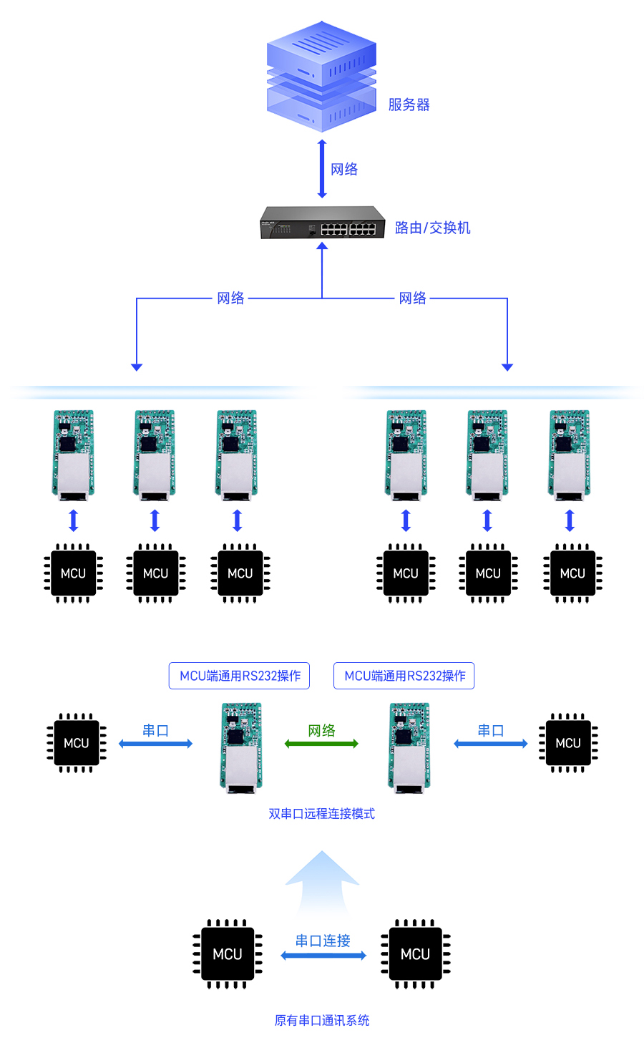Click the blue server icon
point(321,77)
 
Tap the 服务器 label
point(409,105)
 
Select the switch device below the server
point(322,223)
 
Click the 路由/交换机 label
point(432,228)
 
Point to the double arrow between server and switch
point(322,169)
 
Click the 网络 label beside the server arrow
point(344,170)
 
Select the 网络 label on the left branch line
point(230,299)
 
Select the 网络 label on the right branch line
point(412,299)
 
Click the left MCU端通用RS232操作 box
point(239,676)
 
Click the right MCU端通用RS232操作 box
point(404,676)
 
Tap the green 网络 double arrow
point(321,744)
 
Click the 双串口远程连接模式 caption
point(321,814)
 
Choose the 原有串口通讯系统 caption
point(321,1021)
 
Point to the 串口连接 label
point(323,941)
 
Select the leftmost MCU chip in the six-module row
point(73,573)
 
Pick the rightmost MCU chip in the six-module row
point(572,573)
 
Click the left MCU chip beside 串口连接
point(228,954)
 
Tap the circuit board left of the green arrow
point(241,747)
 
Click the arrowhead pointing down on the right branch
point(507,367)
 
